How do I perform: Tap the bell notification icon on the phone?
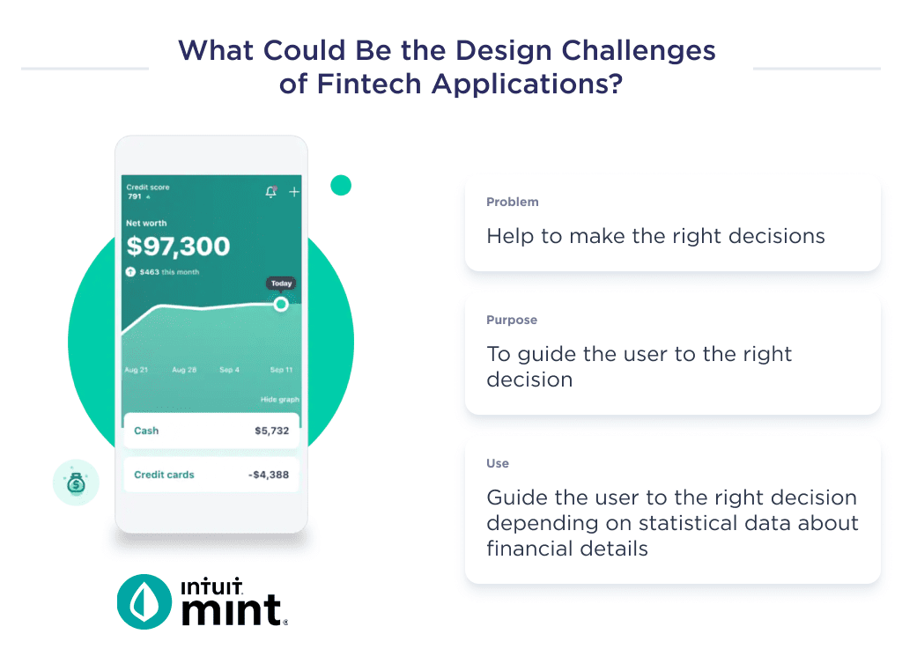271,192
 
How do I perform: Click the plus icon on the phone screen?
294,192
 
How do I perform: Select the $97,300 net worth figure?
178,247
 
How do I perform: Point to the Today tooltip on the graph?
281,284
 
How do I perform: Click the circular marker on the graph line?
281,304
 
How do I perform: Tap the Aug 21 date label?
137,370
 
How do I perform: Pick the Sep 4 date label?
229,370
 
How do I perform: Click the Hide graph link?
279,400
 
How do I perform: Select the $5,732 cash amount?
271,431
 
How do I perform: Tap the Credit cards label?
164,475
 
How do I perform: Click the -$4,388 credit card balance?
268,475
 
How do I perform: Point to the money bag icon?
76,483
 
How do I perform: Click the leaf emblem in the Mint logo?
144,601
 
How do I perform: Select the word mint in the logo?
233,609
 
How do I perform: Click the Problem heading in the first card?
512,202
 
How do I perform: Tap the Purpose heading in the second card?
512,320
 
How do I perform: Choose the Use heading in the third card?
498,463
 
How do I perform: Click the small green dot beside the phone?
341,185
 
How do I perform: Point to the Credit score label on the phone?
148,188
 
